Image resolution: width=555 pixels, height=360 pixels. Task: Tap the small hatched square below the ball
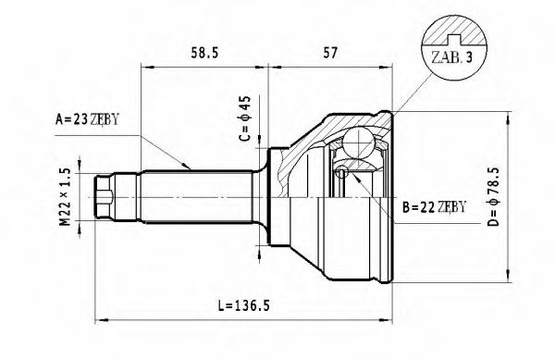coord(341,171)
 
